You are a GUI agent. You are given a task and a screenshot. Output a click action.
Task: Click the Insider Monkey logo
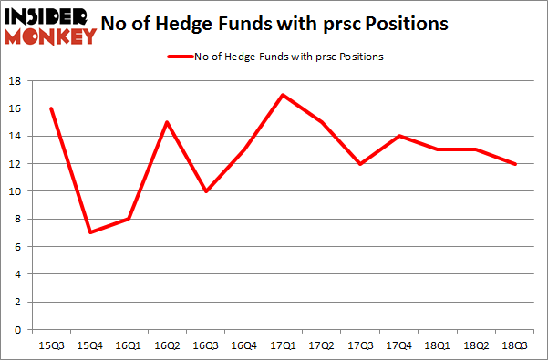point(50,26)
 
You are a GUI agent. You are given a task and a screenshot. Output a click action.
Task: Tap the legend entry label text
point(289,57)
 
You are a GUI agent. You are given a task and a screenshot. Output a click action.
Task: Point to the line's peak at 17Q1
point(284,95)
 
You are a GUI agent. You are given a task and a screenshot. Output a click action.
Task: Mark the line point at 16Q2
point(167,122)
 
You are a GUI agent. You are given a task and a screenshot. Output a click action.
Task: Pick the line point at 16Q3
point(206,191)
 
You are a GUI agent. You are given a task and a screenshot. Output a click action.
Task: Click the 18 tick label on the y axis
point(16,81)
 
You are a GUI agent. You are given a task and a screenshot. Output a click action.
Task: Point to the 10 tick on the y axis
point(16,191)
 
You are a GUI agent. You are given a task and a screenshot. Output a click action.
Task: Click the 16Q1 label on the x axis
point(128,345)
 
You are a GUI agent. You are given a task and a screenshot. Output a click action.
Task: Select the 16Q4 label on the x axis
point(245,345)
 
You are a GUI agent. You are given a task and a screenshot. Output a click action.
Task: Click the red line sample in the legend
point(179,57)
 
